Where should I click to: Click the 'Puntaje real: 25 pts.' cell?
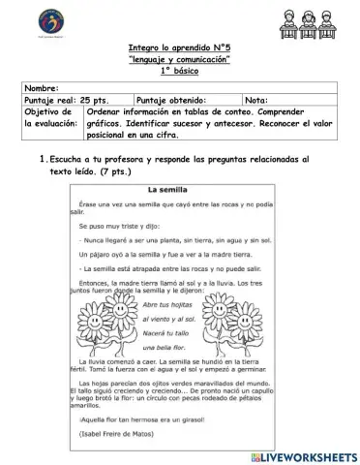tap(66, 100)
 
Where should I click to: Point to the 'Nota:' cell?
tap(257, 100)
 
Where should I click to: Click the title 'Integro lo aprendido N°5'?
tap(179, 46)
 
